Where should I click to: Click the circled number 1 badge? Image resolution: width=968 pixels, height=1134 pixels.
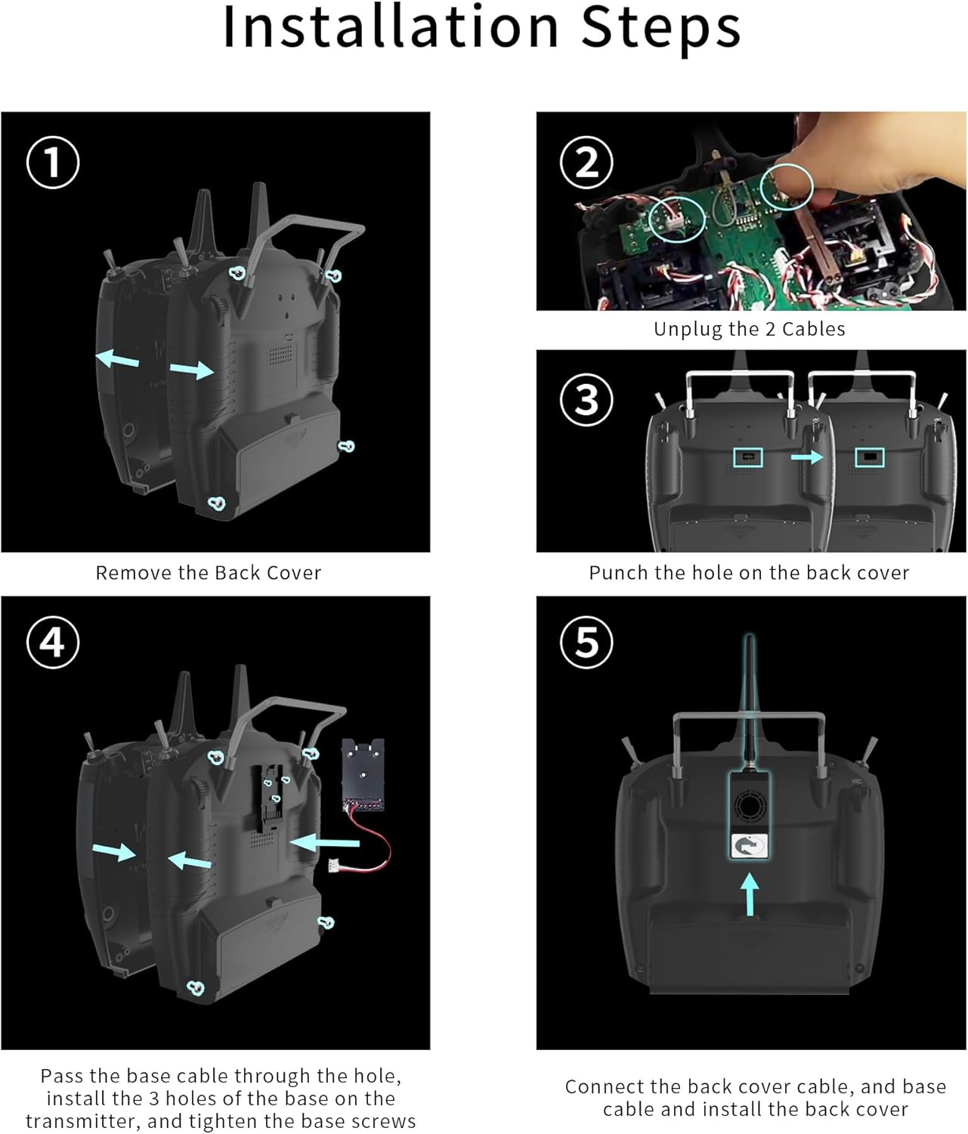[53, 162]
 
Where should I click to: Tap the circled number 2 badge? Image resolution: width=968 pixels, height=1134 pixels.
[586, 163]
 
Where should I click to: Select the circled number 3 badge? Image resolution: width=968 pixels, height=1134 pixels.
[586, 399]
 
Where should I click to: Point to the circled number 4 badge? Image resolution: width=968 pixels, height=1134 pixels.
[53, 642]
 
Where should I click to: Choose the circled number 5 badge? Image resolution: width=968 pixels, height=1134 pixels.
[586, 642]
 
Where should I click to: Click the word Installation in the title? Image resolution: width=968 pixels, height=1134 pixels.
[390, 27]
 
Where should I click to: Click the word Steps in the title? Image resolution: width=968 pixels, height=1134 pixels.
[660, 29]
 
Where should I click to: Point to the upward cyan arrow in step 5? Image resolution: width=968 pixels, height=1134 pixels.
[749, 894]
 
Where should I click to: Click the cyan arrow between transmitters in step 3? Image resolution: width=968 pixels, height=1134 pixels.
[807, 457]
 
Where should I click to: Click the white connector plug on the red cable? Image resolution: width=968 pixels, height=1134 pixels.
[334, 866]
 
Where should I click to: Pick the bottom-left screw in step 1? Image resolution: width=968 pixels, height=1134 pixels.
[217, 503]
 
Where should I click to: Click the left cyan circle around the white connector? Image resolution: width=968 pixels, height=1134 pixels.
[677, 219]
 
